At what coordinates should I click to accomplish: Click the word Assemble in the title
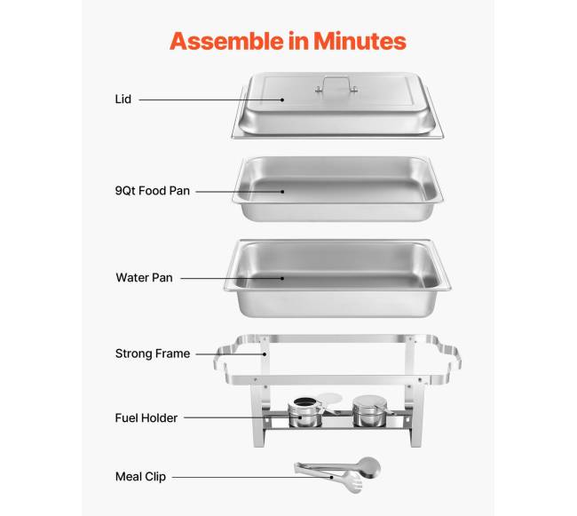[x=226, y=41]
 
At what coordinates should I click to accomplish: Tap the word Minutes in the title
[x=360, y=41]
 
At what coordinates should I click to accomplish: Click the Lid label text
[x=123, y=99]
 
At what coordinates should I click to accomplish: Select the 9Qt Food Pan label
[x=153, y=191]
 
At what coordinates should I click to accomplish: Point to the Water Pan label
[x=144, y=277]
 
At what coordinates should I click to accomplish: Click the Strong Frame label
[x=153, y=353]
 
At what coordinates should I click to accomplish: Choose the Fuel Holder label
[x=146, y=417]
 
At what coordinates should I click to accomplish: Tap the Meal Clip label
[x=140, y=477]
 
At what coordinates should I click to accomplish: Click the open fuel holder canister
[x=304, y=413]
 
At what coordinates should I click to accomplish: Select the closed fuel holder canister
[x=369, y=411]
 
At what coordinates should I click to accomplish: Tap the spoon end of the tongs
[x=368, y=467]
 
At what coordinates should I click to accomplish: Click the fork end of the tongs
[x=352, y=482]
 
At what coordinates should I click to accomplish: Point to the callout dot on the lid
[x=282, y=99]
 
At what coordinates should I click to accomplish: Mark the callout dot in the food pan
[x=282, y=191]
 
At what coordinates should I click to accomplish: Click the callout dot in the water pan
[x=282, y=278]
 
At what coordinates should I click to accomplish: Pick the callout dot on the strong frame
[x=265, y=354]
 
